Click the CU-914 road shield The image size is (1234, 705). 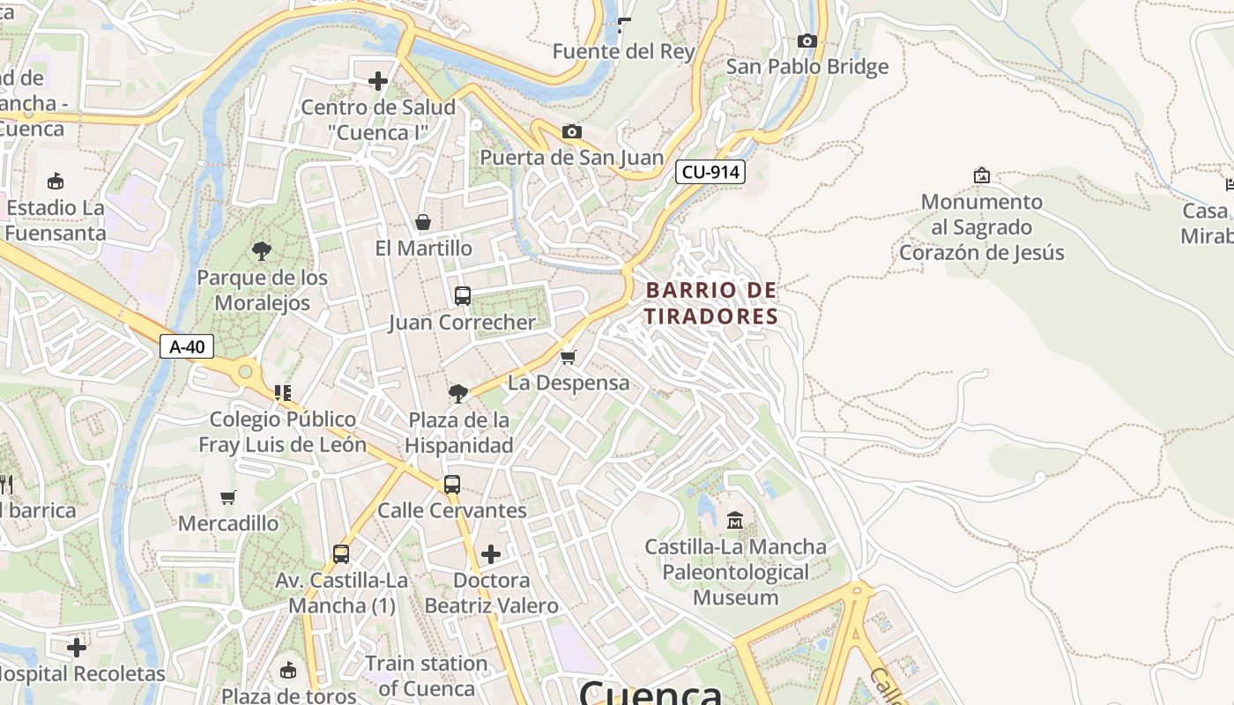click(x=710, y=172)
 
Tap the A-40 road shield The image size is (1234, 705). click(x=187, y=346)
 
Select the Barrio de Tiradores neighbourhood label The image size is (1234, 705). click(x=711, y=303)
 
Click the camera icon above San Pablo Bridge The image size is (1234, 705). click(x=807, y=41)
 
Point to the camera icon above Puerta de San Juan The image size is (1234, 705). click(x=572, y=132)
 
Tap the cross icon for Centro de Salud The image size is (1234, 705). click(x=378, y=82)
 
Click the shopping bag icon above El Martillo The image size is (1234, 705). click(x=423, y=222)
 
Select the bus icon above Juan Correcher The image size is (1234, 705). click(x=463, y=296)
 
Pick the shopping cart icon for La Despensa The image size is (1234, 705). click(x=569, y=357)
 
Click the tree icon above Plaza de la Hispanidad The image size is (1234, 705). click(x=458, y=393)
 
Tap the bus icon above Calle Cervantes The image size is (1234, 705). click(x=452, y=485)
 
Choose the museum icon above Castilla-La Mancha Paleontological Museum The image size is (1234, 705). click(x=735, y=520)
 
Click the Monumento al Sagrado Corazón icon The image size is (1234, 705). click(x=982, y=175)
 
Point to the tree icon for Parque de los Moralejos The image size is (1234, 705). click(x=262, y=251)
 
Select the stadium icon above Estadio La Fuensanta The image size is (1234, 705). click(x=56, y=182)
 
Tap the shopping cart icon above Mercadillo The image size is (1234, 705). click(x=228, y=497)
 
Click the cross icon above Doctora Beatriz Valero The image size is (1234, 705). click(x=491, y=554)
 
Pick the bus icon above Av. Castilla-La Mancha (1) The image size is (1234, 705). click(x=341, y=554)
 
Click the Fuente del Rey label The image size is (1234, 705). click(x=623, y=51)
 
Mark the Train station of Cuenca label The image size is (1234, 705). click(x=426, y=675)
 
